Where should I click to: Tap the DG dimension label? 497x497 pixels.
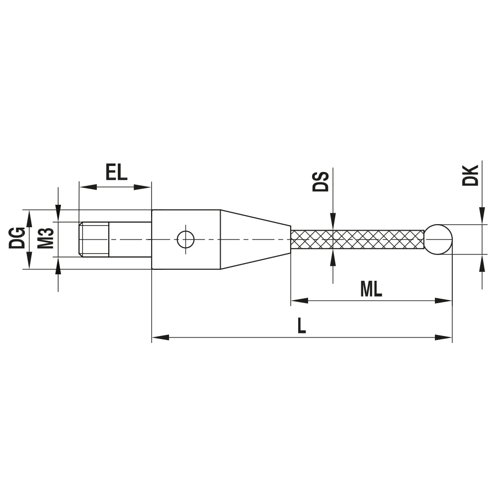click(17, 239)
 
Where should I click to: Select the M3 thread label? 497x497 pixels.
click(46, 239)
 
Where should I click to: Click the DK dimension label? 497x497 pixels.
click(470, 175)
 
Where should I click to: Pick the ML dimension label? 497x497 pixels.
click(371, 290)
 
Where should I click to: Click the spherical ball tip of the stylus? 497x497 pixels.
click(438, 239)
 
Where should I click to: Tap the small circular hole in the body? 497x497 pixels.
click(185, 239)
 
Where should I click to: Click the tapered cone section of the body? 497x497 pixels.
click(254, 239)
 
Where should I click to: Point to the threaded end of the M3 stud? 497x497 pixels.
click(94, 239)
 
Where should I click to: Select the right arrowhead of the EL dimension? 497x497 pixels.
click(143, 187)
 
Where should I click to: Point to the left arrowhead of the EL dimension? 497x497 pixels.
click(87, 187)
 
